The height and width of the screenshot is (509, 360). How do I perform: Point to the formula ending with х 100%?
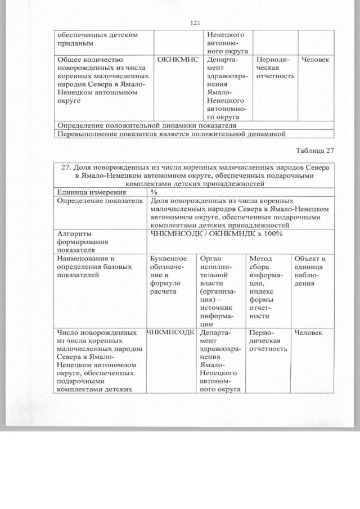(x=217, y=234)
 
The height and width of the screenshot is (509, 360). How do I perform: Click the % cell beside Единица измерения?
(x=154, y=192)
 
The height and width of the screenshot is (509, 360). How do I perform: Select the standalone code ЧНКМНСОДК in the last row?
(x=170, y=333)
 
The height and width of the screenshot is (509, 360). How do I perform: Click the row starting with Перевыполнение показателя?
(x=170, y=134)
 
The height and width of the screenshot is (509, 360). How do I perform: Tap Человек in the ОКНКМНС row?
(x=315, y=59)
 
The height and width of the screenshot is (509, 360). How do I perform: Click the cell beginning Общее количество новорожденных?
(x=101, y=79)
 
